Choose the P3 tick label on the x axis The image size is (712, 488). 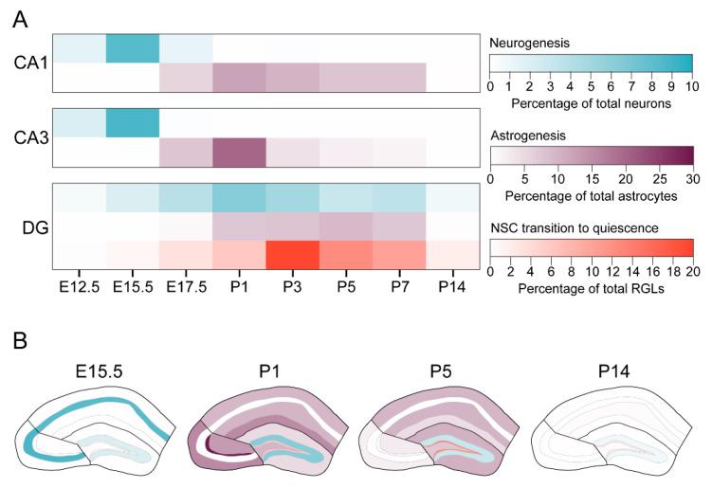pyautogui.click(x=292, y=285)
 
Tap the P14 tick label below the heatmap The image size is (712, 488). pyautogui.click(x=451, y=285)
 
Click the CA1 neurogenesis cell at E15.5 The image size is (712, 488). pyautogui.click(x=132, y=48)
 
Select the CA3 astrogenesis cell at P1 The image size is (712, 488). pyautogui.click(x=238, y=151)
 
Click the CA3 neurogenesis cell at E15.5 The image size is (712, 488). pyautogui.click(x=132, y=122)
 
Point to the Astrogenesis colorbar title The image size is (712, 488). pyautogui.click(x=529, y=136)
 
